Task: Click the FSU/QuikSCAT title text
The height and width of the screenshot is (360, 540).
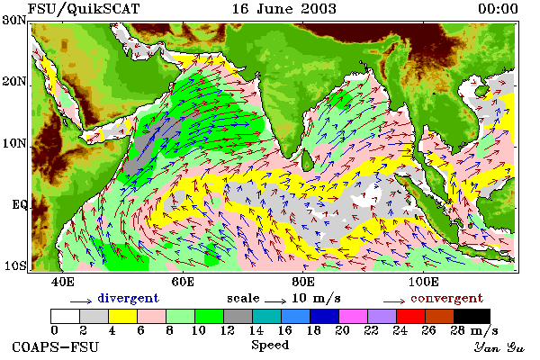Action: (x=84, y=9)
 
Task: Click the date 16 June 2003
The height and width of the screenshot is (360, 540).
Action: (x=283, y=9)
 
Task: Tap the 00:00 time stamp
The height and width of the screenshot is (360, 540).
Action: (x=498, y=9)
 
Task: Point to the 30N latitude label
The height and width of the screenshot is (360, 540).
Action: (x=14, y=21)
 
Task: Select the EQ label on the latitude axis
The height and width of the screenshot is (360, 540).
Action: (x=20, y=204)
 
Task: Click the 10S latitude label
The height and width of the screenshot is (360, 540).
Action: (x=15, y=266)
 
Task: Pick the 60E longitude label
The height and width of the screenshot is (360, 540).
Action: (x=183, y=282)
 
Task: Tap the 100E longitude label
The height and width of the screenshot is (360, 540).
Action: (x=424, y=282)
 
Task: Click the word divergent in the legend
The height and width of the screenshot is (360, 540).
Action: (x=128, y=298)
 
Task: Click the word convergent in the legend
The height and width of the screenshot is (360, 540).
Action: (x=447, y=298)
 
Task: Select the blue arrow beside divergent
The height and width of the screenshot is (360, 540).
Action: (x=81, y=301)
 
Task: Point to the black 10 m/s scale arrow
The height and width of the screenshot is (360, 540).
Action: (x=275, y=301)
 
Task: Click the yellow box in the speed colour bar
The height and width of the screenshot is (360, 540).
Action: (x=122, y=316)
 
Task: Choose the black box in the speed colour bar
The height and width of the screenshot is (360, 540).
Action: (x=472, y=316)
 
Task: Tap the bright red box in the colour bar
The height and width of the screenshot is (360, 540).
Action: (x=411, y=316)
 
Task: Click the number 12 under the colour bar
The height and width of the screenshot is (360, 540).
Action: (x=228, y=330)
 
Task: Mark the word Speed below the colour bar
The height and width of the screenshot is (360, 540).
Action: (x=270, y=345)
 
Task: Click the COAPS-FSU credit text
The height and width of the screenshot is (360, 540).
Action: (x=56, y=346)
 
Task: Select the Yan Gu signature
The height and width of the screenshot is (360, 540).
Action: (x=499, y=347)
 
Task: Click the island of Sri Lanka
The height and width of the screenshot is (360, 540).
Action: (x=307, y=160)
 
